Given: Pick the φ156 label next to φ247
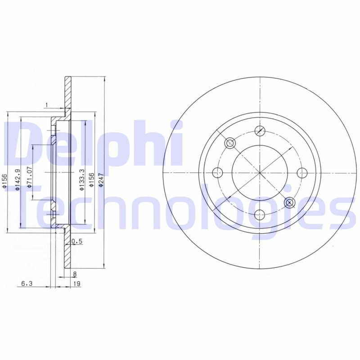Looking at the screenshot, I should (92, 180).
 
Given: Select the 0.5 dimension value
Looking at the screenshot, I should (77, 242).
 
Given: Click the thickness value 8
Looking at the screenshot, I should (75, 274).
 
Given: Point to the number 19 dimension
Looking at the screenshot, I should (77, 283).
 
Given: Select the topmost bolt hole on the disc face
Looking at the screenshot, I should (259, 130).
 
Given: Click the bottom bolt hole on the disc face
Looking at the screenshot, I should (259, 216).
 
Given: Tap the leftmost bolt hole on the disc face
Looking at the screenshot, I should (217, 172).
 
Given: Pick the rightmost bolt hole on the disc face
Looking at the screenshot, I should (302, 172).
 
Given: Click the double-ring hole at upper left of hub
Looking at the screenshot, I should (229, 143).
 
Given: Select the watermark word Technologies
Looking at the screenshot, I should (180, 207).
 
